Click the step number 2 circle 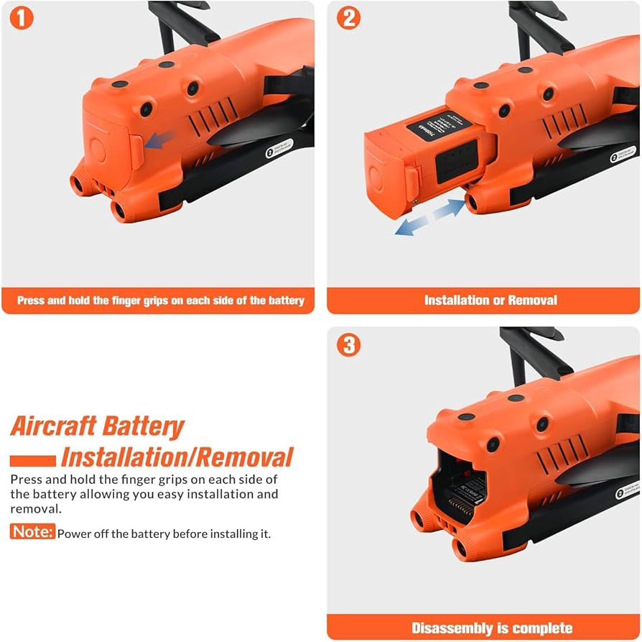348,18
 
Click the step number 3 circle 348,345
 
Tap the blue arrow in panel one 159,141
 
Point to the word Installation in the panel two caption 460,301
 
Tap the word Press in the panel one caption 31,301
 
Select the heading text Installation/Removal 177,457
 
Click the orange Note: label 32,532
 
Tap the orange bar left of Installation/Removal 33,460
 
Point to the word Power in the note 73,533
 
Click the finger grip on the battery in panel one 136,151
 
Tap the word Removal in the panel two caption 532,301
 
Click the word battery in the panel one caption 284,301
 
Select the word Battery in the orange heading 142,426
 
